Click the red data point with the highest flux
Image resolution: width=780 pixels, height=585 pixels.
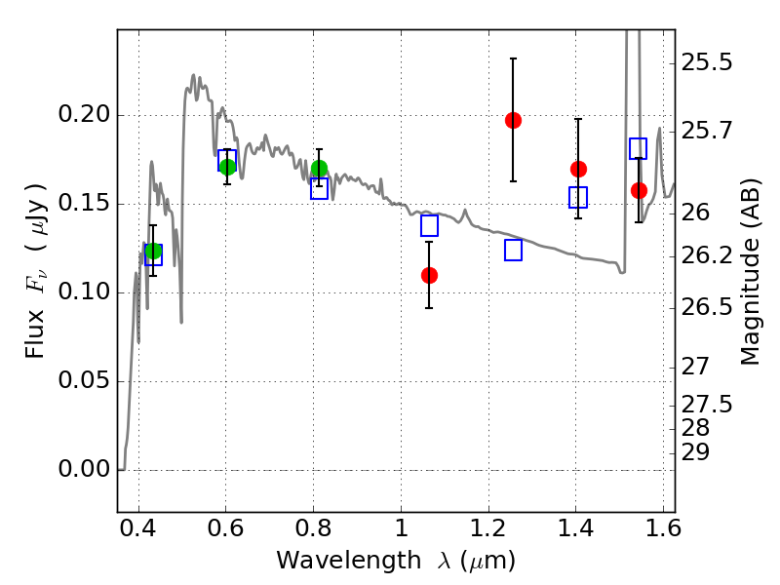513,120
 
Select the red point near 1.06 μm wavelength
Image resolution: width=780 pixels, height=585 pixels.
429,275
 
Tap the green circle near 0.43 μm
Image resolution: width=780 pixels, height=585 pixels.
154,252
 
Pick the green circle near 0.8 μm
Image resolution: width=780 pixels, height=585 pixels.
319,169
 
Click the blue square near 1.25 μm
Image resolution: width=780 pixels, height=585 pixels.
514,250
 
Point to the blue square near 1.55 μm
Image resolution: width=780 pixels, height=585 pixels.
639,148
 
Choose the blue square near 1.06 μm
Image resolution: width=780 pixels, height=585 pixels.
429,225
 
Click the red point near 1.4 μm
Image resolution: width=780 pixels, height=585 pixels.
578,169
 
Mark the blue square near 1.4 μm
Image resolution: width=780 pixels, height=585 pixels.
578,198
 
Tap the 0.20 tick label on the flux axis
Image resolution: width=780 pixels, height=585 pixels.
84,114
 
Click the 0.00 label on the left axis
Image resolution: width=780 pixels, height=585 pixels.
84,469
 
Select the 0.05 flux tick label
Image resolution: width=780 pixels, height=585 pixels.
84,380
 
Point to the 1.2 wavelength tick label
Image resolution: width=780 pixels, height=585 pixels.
489,528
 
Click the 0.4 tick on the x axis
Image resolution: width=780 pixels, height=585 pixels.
138,528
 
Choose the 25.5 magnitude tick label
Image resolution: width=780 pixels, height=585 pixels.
706,63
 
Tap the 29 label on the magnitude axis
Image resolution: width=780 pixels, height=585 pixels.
695,452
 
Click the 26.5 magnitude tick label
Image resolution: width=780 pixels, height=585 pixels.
706,307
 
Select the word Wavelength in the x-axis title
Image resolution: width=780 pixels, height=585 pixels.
349,561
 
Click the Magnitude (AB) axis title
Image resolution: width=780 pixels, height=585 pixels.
750,272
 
